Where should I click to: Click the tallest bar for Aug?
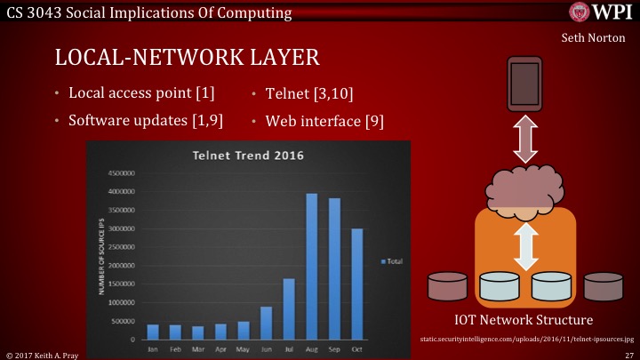[312, 267]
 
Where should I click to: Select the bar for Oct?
[358, 284]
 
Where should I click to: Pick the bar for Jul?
[289, 308]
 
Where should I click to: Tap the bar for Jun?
[266, 323]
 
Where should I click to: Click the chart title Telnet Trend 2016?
[248, 156]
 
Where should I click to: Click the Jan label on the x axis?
[152, 349]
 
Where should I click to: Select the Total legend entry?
[391, 260]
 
